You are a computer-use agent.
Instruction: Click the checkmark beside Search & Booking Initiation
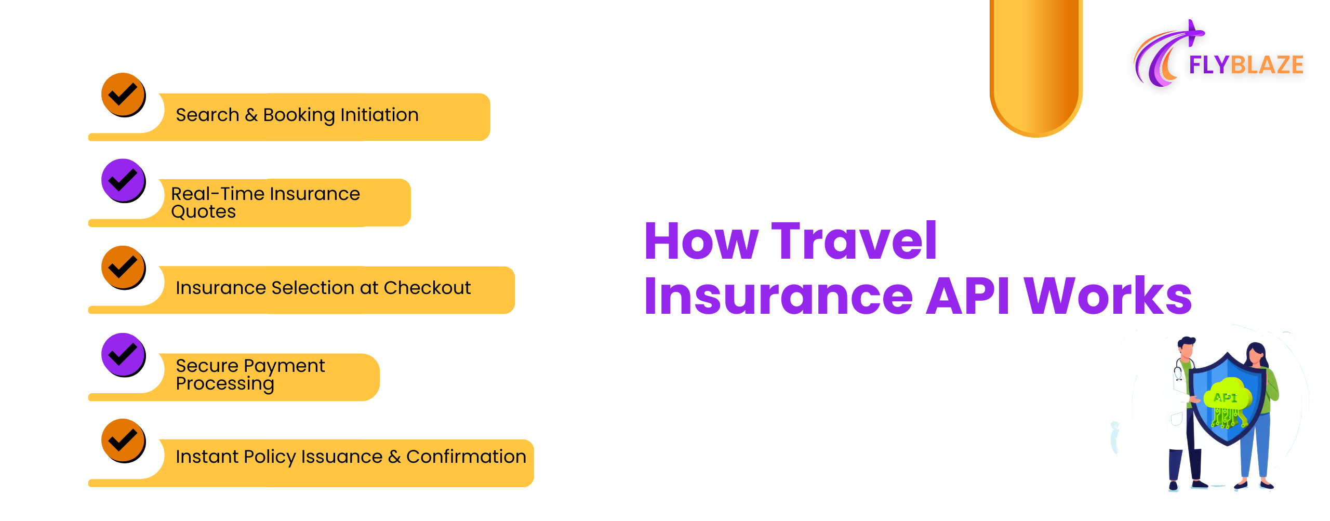[123, 95]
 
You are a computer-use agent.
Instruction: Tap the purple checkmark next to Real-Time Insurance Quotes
[123, 181]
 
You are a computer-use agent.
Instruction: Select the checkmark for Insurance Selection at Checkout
[123, 268]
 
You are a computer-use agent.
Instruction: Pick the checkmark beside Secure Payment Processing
[123, 355]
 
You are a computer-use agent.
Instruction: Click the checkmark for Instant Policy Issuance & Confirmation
[123, 440]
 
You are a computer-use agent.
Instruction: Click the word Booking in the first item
[299, 115]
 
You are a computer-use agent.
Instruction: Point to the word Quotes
[203, 212]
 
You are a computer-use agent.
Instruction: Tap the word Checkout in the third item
[427, 288]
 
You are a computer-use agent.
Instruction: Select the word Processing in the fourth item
[224, 384]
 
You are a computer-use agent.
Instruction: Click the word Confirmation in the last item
[466, 457]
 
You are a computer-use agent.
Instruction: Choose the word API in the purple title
[968, 296]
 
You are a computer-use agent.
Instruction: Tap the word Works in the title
[1108, 296]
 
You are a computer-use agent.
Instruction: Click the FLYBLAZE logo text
[1246, 65]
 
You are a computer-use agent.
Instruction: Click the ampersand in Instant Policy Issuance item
[394, 457]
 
